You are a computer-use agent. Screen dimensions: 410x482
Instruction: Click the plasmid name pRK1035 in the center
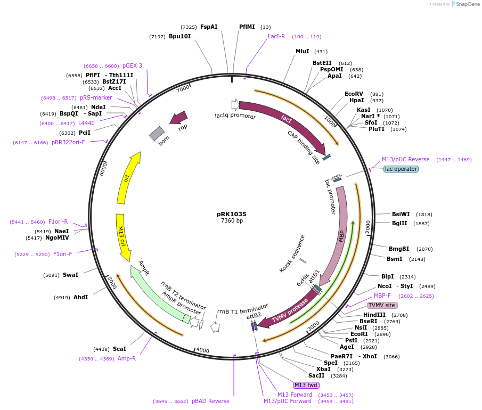pyautogui.click(x=232, y=214)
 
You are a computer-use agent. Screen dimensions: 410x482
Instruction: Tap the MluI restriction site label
pyautogui.click(x=302, y=52)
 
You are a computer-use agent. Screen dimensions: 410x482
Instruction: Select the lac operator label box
pyautogui.click(x=401, y=169)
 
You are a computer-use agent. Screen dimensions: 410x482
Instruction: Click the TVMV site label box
pyautogui.click(x=382, y=305)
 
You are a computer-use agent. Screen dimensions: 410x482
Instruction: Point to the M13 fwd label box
pyautogui.click(x=306, y=385)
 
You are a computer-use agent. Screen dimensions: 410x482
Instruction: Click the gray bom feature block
pyautogui.click(x=157, y=134)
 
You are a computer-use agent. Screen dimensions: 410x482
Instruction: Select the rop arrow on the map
pyautogui.click(x=179, y=117)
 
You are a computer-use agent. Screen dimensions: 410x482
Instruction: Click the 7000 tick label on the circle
pyautogui.click(x=183, y=88)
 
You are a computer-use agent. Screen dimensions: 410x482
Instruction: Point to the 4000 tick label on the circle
pyautogui.click(x=202, y=350)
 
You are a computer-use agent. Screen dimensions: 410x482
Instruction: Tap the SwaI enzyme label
pyautogui.click(x=70, y=275)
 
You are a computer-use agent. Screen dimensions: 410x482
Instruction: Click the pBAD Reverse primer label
pyautogui.click(x=210, y=401)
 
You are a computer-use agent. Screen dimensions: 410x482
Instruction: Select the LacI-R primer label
pyautogui.click(x=276, y=37)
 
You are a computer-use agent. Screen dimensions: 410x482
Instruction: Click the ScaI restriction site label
pyautogui.click(x=119, y=349)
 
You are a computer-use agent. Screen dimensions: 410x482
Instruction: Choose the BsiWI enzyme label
pyautogui.click(x=401, y=214)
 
